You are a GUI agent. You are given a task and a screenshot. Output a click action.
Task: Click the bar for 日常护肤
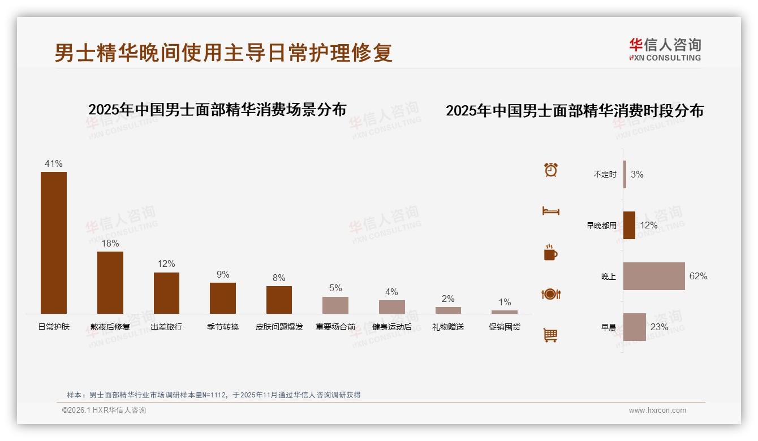(x=54, y=243)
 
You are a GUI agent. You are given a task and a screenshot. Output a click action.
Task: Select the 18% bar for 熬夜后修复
(x=110, y=282)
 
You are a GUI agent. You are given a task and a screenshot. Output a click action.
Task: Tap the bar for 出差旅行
(x=166, y=293)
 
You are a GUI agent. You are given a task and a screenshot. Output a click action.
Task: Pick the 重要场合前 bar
(x=335, y=305)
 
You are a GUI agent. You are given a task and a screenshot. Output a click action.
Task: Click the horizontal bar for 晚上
(x=654, y=276)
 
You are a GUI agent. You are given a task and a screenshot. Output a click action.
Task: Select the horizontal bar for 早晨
(x=635, y=327)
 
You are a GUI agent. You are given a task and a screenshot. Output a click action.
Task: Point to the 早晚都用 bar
(x=629, y=225)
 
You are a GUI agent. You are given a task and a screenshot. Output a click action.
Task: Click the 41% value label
(x=54, y=164)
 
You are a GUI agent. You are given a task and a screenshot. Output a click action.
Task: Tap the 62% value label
(x=698, y=276)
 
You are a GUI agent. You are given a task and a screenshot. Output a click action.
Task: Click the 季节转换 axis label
(x=223, y=327)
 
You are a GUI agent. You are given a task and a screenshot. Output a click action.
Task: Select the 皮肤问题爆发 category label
(x=279, y=327)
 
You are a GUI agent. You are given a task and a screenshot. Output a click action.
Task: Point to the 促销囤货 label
(x=505, y=327)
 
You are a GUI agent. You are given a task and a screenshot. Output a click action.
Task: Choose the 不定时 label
(x=605, y=175)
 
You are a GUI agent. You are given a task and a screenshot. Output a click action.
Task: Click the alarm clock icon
(x=551, y=170)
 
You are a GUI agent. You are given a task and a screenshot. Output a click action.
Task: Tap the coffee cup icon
(x=550, y=253)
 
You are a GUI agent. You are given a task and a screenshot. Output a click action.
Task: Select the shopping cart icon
(x=550, y=335)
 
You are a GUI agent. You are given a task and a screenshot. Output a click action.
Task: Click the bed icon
(x=550, y=211)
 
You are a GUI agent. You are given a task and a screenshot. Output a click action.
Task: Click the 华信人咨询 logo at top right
(x=665, y=49)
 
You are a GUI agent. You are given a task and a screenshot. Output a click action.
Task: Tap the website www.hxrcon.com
(x=657, y=410)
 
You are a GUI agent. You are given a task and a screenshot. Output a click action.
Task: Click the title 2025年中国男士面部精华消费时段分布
(x=575, y=111)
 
